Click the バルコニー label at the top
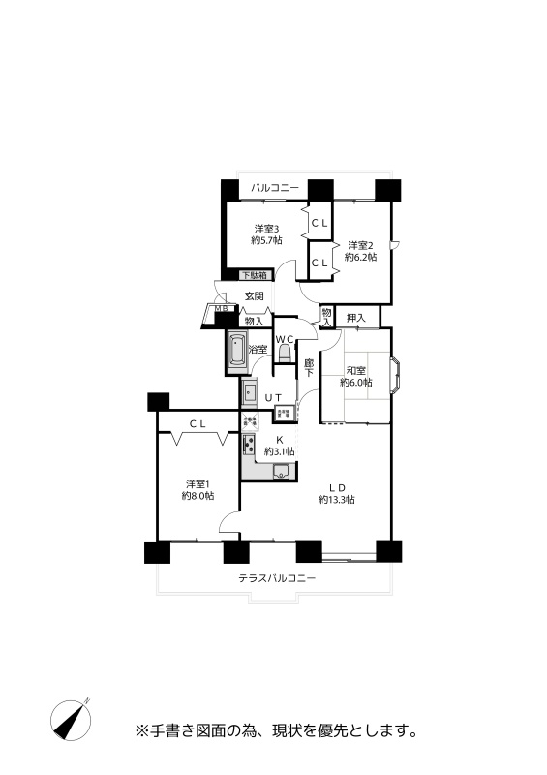point(274,188)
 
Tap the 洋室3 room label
point(267,229)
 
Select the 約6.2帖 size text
point(361,257)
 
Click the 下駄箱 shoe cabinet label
point(255,275)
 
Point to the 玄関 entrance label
point(255,296)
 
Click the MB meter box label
point(221,309)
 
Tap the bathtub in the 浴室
point(237,351)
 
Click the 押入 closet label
point(355,318)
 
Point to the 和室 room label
point(355,370)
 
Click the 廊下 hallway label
point(309,369)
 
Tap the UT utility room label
point(273,397)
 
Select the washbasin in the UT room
point(249,392)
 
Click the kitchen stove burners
point(248,445)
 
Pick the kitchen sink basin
point(282,472)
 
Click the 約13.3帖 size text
point(337,500)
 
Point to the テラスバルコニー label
point(277,577)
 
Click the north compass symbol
point(71,720)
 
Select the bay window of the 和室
point(395,376)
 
